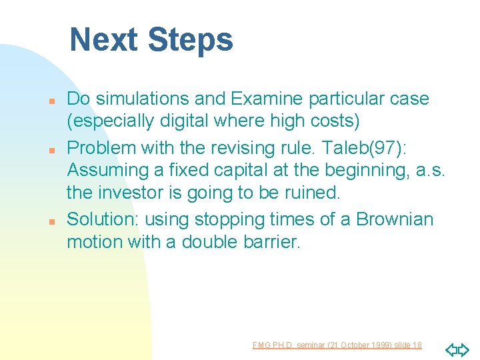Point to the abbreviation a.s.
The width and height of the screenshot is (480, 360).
[x=430, y=170]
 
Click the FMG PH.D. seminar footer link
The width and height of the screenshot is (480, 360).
[x=337, y=345]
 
